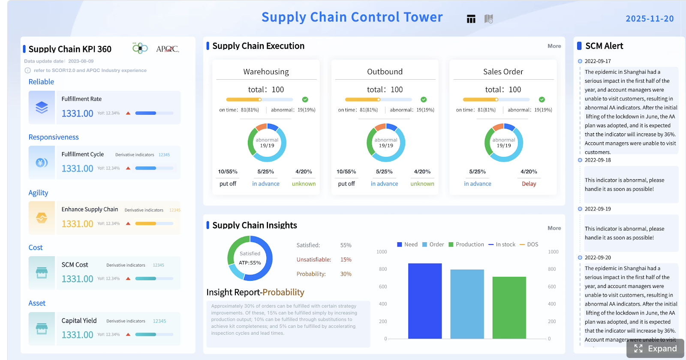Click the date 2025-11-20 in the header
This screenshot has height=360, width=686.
(x=650, y=18)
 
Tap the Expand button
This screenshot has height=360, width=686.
(x=656, y=348)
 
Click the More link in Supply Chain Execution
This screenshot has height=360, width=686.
(x=554, y=46)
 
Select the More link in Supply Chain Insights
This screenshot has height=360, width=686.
(x=554, y=228)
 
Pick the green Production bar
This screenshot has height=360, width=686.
(x=509, y=307)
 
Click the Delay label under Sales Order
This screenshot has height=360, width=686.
(x=529, y=183)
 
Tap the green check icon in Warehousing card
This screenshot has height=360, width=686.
(x=305, y=99)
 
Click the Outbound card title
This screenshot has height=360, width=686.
(x=385, y=72)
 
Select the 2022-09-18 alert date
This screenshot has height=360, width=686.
(x=598, y=160)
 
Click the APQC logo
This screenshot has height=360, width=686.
(x=167, y=49)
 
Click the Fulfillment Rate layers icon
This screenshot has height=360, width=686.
(x=42, y=107)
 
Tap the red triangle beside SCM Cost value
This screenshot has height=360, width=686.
(x=128, y=279)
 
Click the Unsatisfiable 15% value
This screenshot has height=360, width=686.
(x=346, y=259)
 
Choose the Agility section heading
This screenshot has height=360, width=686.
(x=38, y=193)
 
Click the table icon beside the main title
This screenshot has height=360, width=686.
(x=471, y=19)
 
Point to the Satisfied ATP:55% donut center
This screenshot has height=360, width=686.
(x=250, y=258)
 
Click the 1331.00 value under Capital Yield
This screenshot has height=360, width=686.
(x=77, y=335)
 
